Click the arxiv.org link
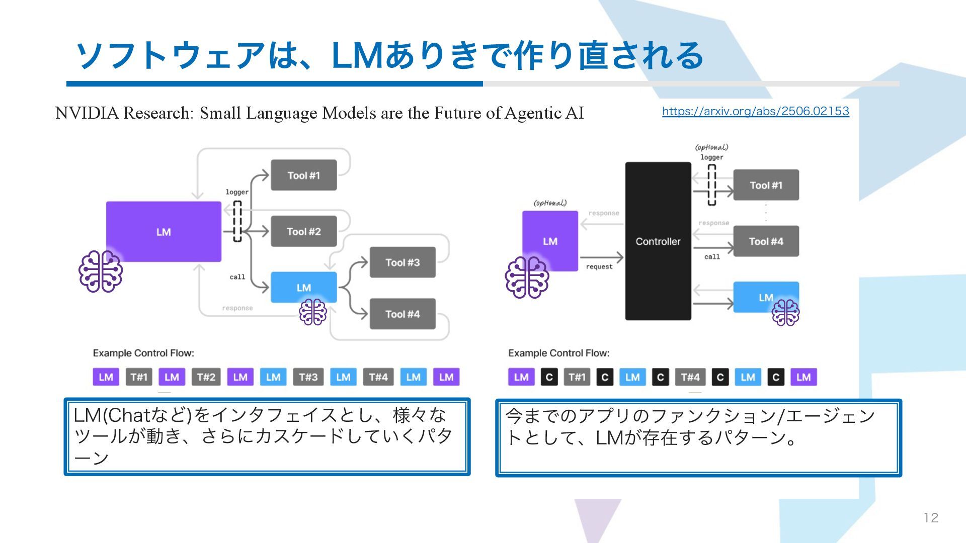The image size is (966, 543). point(755,111)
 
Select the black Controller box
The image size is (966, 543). point(658,241)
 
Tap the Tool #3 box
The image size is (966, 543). point(403,262)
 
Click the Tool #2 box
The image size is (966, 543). point(303,231)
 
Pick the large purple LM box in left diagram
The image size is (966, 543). point(164,232)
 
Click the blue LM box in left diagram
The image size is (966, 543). point(303,288)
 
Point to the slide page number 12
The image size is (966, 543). point(931,518)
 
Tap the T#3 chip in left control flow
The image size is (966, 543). point(308,377)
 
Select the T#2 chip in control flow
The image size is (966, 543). point(206,377)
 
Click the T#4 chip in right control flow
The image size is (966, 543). point(690,377)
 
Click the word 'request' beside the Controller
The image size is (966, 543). point(599,267)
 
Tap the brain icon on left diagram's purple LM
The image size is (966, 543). point(101,271)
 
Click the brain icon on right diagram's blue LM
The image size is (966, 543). point(785,312)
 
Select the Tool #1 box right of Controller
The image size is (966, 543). point(766,185)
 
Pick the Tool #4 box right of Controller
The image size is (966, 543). point(766,241)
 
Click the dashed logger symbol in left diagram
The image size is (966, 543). point(237,221)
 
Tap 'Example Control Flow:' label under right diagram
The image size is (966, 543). point(558,353)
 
